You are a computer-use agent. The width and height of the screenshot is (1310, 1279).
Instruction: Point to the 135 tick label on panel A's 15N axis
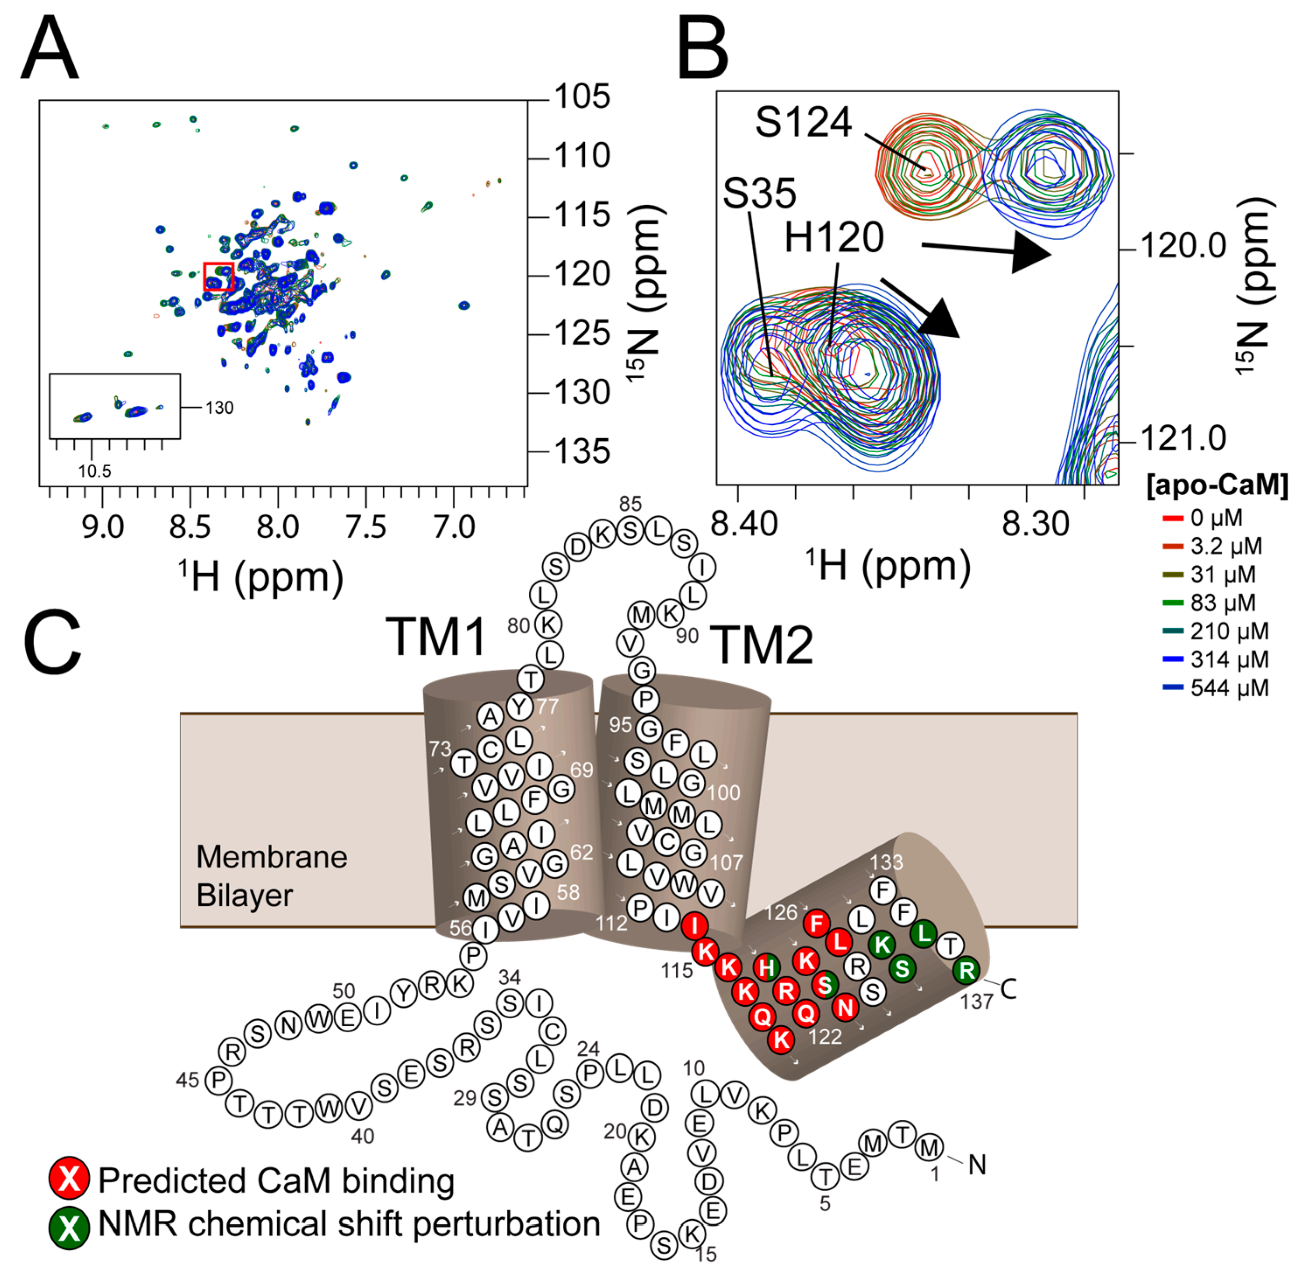582,451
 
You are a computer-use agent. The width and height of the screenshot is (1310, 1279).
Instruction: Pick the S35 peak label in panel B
760,193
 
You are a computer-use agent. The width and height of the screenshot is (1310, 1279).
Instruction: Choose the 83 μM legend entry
1223,603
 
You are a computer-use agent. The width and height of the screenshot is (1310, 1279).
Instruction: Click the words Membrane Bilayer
272,876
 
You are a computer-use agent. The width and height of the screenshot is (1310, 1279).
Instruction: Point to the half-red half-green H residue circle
766,968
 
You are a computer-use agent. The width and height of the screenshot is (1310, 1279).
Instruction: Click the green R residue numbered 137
967,970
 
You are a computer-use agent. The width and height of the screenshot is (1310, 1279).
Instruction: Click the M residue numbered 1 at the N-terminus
930,1147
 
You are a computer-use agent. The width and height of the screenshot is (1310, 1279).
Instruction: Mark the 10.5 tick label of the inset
94,471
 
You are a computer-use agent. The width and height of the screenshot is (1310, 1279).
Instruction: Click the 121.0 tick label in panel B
1183,439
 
